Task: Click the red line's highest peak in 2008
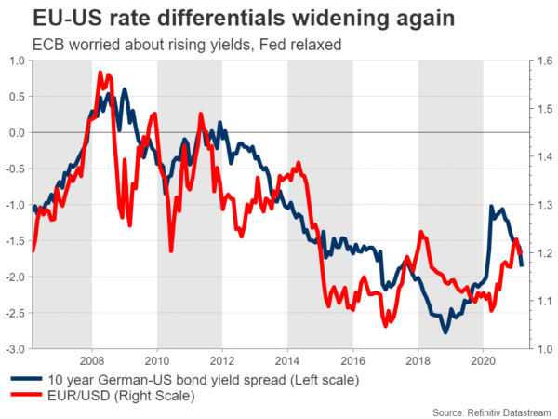click(x=100, y=72)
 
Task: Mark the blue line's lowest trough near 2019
click(x=445, y=332)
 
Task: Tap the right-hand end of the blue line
click(x=522, y=265)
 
